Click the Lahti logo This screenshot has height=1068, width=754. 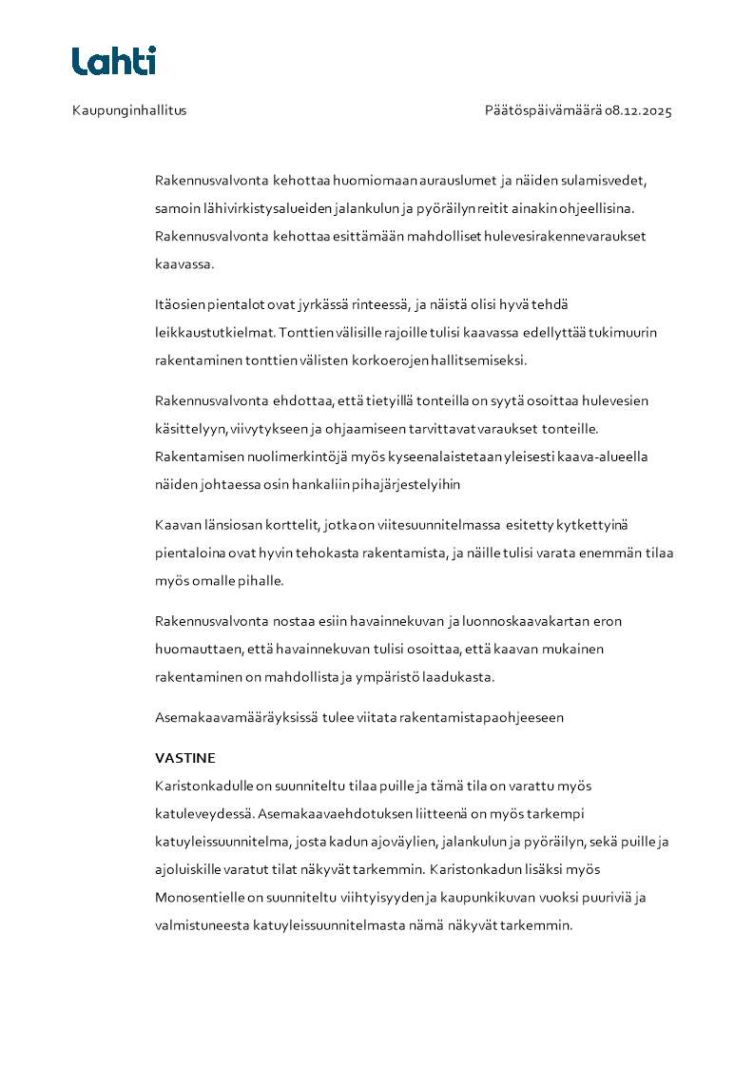coord(113,61)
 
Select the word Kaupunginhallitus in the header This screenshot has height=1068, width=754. coord(129,110)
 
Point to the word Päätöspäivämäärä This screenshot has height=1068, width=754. coord(543,110)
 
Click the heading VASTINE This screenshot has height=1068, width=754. coord(185,758)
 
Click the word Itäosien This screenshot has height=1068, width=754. coord(181,304)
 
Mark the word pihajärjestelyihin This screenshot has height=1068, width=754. coord(406,484)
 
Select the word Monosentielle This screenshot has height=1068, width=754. coord(199,897)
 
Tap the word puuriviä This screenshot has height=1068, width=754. coord(623,897)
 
